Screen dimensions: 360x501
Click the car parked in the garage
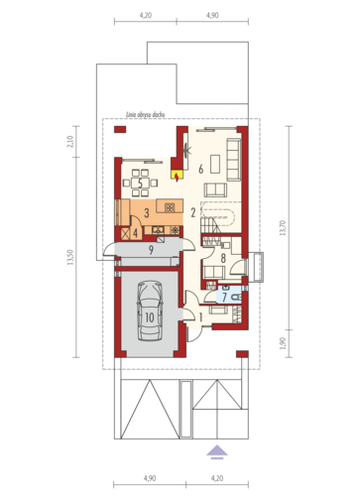pos(150,311)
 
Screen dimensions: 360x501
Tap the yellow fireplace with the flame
pos(177,176)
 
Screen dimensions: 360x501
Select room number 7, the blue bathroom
pos(228,295)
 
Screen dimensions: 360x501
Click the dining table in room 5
pos(140,183)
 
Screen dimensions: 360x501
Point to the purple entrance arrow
pos(217,452)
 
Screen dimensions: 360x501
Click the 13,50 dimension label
pos(70,257)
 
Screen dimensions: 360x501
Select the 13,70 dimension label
pos(283,228)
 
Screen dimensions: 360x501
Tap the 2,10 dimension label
pos(70,142)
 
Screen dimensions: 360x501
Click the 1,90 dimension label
pos(283,343)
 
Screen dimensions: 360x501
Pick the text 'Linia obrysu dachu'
pos(146,114)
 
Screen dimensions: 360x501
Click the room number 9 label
pos(151,250)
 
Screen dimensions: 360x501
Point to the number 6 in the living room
pos(200,169)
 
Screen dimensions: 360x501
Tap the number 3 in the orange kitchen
pos(147,212)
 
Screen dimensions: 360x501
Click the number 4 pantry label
pos(135,233)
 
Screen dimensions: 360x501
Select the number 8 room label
pos(223,258)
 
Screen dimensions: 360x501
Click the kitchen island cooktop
pos(170,207)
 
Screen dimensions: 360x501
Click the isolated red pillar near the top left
pos(120,129)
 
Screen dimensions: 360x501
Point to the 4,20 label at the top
pos(146,15)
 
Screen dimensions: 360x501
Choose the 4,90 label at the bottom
pos(150,478)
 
